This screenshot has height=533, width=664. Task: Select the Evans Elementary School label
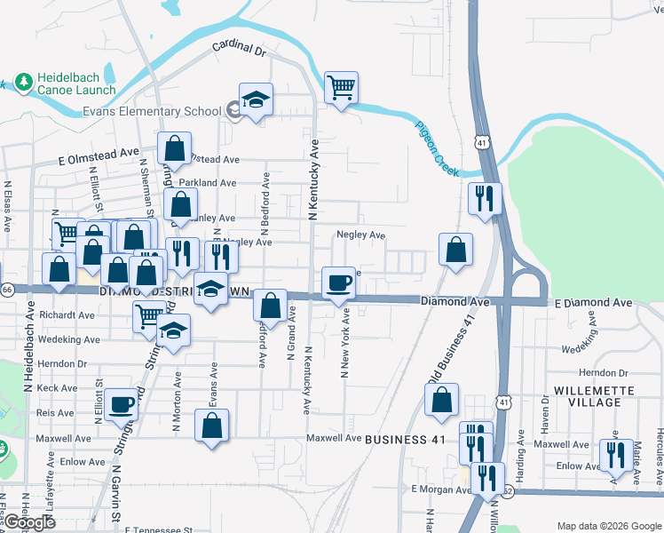tap(151, 111)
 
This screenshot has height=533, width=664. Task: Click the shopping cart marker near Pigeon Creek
tap(341, 88)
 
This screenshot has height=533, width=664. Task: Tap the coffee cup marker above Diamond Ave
tap(337, 283)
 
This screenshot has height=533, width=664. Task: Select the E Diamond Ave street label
tap(594, 303)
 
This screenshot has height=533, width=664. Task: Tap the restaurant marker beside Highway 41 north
tap(484, 198)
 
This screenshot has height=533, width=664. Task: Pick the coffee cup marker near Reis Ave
tap(122, 404)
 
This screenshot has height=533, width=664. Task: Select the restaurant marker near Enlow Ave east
tap(614, 455)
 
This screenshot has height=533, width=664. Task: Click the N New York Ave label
tap(345, 342)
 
